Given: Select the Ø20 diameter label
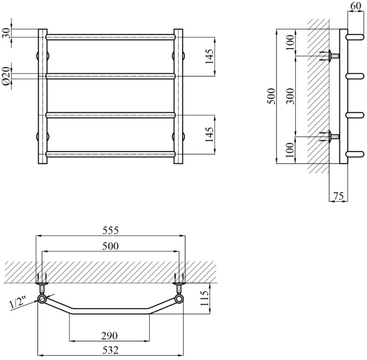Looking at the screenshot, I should tap(7, 75).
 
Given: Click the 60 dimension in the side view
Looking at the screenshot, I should tap(356, 6).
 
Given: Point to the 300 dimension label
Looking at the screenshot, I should tap(290, 96).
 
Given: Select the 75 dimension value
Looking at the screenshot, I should tap(339, 195).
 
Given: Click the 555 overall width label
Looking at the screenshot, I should tap(111, 230).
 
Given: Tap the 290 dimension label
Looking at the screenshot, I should tap(110, 335).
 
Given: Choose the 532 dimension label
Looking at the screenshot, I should tap(110, 349).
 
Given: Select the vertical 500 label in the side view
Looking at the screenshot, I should tap(273, 96).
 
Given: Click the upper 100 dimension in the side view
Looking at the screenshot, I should tap(290, 43).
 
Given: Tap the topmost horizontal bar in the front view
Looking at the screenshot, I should tap(111, 36).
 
